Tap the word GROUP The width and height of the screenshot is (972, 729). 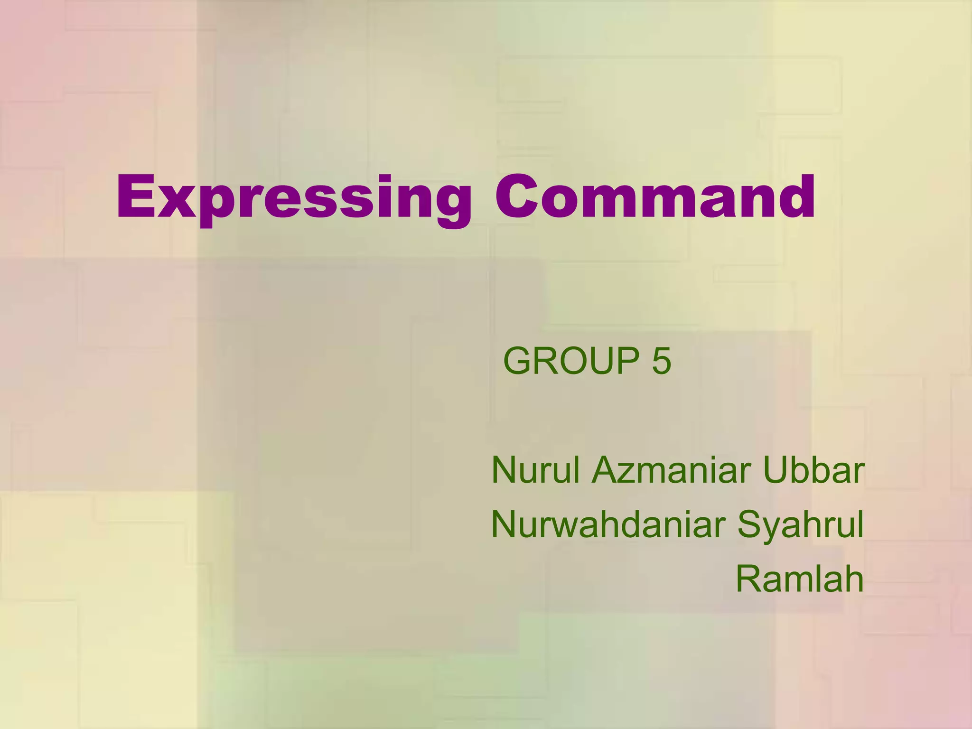click(571, 361)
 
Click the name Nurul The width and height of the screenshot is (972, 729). click(535, 470)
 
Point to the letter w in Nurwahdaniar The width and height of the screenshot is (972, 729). click(566, 528)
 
